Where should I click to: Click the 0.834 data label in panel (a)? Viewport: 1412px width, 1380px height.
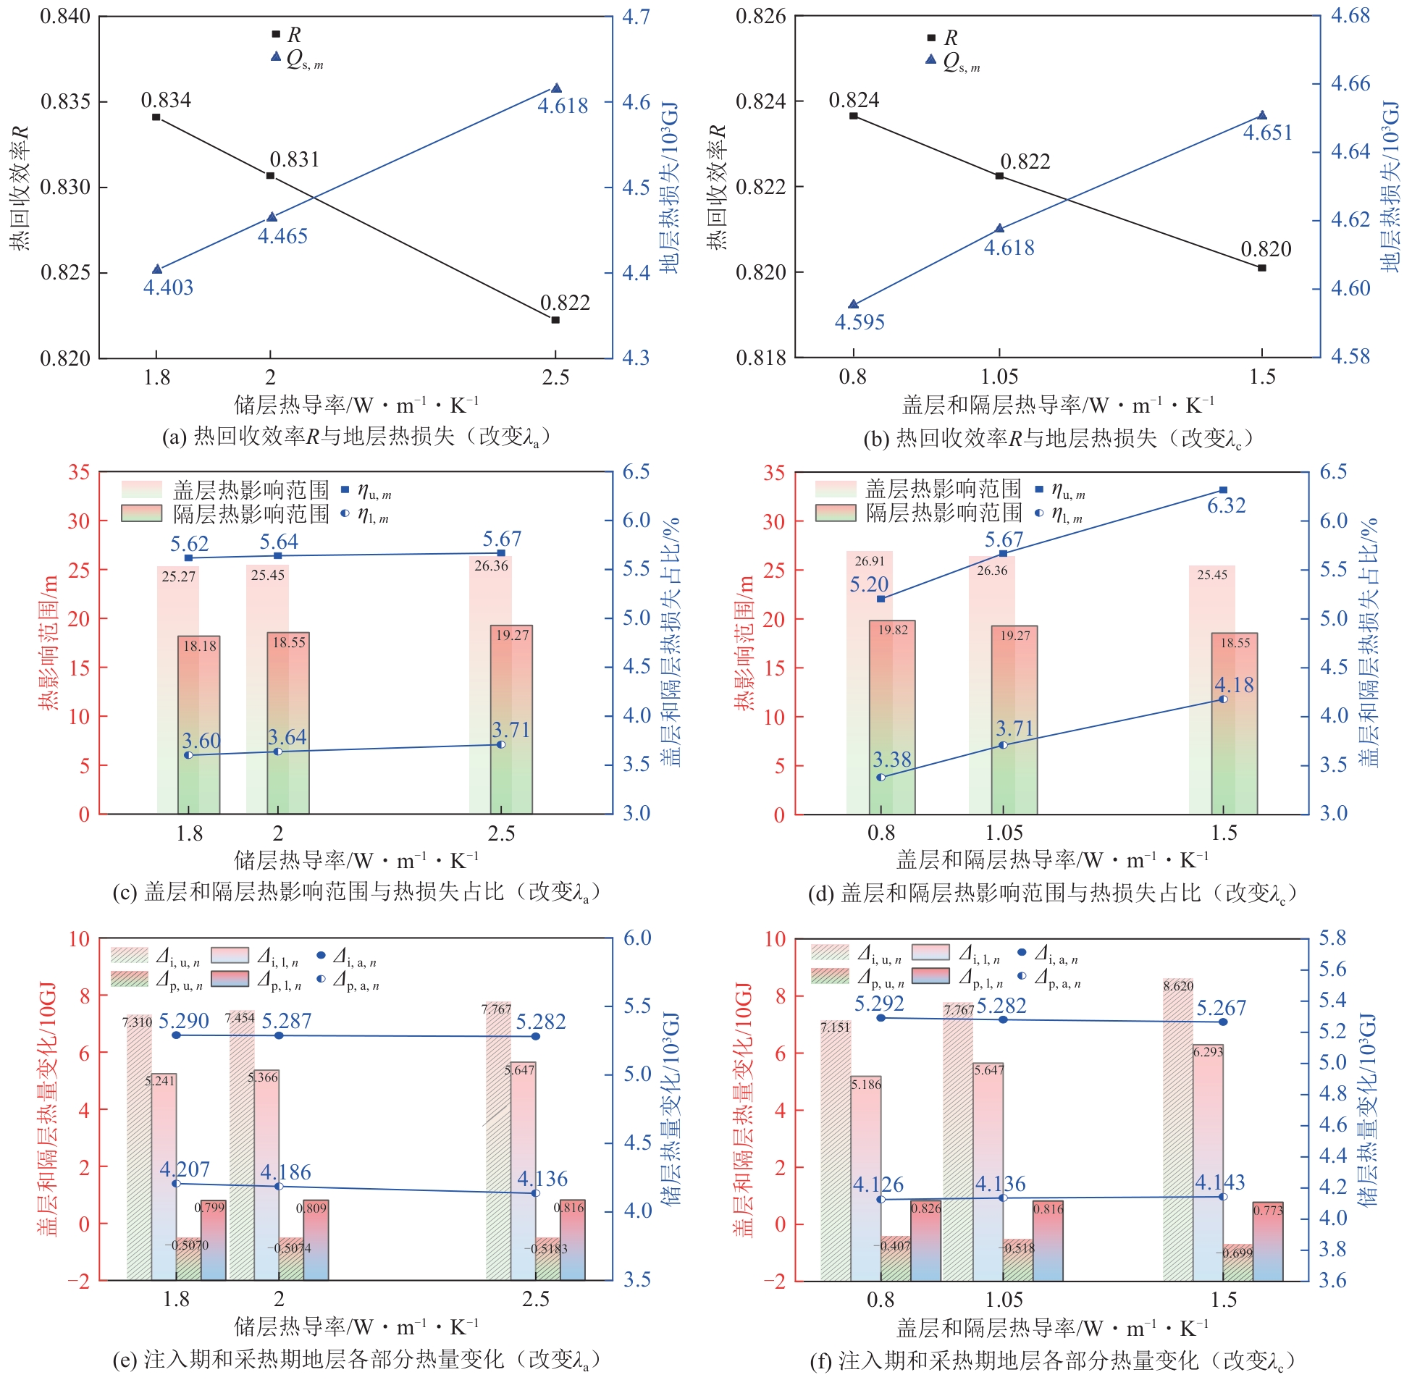point(165,100)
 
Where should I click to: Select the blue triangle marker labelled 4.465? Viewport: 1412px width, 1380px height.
point(272,217)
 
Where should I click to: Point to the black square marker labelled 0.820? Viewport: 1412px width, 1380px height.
point(1262,268)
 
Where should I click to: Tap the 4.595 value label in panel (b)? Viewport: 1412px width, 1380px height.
point(860,322)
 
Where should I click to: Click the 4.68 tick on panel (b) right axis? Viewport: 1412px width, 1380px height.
point(1350,15)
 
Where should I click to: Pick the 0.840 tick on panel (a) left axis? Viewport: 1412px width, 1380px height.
point(65,16)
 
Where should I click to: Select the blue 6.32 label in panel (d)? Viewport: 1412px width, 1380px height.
point(1227,505)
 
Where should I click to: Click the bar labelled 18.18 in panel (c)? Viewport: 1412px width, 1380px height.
point(199,725)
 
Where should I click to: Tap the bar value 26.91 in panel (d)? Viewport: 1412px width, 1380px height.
point(869,561)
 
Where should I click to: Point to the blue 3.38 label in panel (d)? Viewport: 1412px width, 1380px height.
point(891,760)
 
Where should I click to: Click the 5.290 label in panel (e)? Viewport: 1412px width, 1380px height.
point(183,1021)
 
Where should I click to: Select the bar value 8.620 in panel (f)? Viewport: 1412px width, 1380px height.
point(1178,986)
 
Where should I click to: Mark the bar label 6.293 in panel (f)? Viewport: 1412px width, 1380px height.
point(1208,1052)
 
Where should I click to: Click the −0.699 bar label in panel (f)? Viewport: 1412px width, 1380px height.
point(1237,1253)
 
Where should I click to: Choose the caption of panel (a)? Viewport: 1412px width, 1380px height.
point(356,437)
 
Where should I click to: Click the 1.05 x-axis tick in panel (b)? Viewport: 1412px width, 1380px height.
point(999,377)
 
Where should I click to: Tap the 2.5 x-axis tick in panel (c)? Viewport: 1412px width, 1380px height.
point(501,833)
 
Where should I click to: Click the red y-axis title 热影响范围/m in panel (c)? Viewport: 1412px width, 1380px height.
point(49,643)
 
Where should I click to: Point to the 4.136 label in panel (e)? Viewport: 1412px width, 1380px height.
point(542,1179)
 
